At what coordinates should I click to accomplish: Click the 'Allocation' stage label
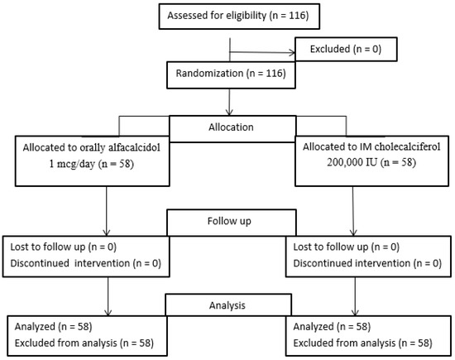coord(231,127)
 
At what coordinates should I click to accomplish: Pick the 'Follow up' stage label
coord(229,221)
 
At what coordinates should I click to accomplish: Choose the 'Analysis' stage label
coord(227,305)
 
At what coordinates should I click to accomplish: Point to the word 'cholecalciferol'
coord(407,146)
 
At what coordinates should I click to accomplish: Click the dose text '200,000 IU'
coord(352,162)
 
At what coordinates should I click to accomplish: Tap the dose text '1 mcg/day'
coord(72,165)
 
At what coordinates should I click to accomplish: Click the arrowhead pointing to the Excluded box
coord(292,53)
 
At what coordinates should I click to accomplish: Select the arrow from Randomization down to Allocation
coord(229,102)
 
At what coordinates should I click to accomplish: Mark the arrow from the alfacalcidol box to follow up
coord(107,211)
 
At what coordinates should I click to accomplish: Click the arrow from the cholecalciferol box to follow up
coord(353,211)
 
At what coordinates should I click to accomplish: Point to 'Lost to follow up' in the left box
coord(48,247)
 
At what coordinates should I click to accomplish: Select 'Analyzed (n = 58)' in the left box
coord(54,327)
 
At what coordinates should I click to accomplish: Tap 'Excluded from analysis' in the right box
coord(344,343)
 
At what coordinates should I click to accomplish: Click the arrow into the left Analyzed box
coord(108,296)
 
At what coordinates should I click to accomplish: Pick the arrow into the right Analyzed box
coord(355,296)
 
